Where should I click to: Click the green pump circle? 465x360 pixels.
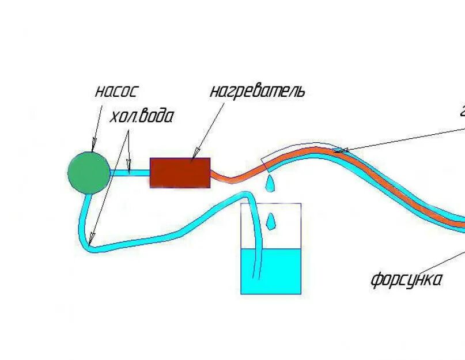tap(89, 172)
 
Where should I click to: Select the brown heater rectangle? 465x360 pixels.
tap(180, 172)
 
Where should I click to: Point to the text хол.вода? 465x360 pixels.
tap(141, 117)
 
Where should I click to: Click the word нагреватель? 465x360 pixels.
tap(256, 91)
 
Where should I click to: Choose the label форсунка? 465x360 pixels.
tap(406, 281)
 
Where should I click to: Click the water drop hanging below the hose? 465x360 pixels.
tap(269, 184)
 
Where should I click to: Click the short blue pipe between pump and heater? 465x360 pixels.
tap(130, 172)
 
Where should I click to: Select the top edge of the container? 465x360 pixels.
tap(271, 203)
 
